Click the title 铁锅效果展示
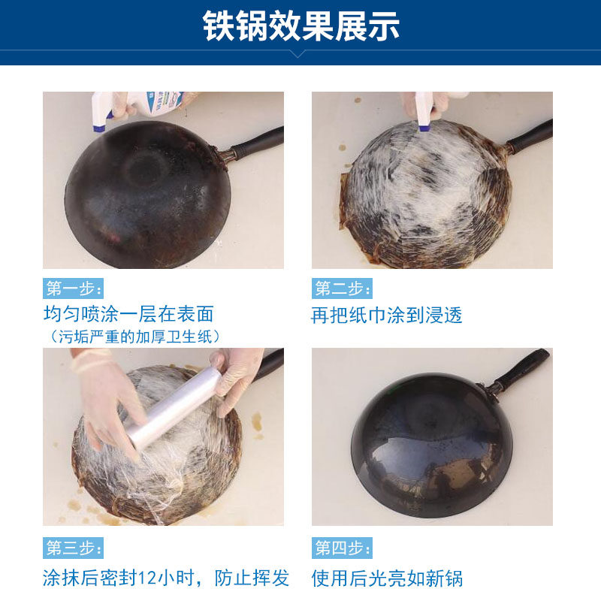point(300,26)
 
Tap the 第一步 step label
point(73,288)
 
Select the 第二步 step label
point(342,288)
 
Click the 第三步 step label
point(73,548)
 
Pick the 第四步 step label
point(342,548)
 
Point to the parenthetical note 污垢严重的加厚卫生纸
point(135,336)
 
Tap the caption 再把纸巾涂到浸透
point(387,315)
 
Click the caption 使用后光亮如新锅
point(387,578)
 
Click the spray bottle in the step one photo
point(143,105)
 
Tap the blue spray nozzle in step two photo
point(424,128)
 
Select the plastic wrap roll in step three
point(173,409)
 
